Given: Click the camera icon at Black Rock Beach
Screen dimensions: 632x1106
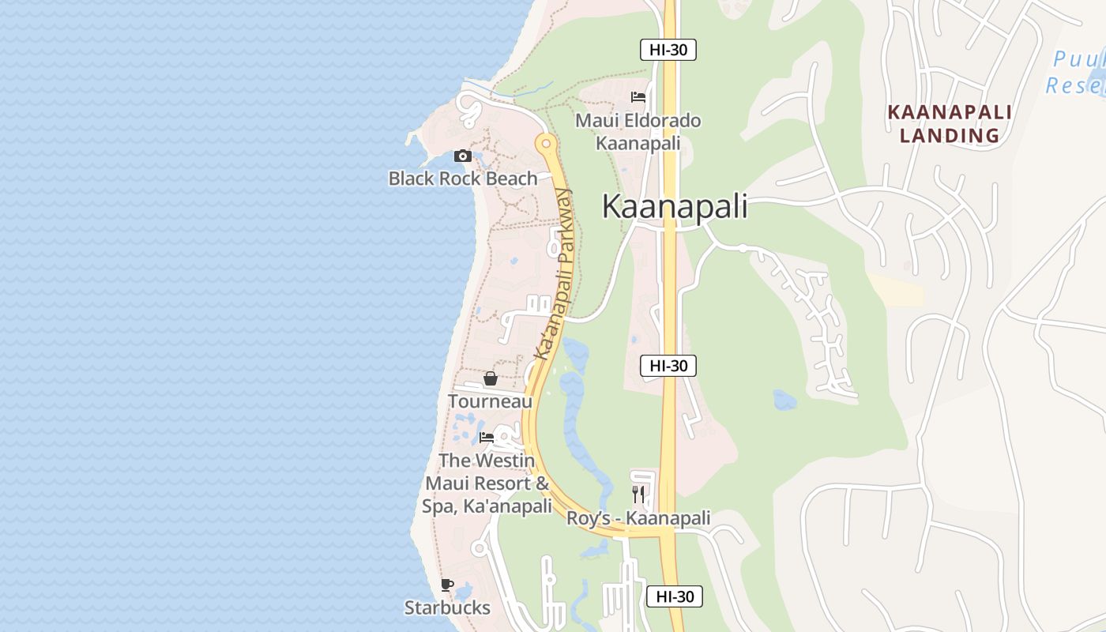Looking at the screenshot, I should point(463,156).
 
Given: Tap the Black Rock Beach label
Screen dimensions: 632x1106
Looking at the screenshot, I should point(463,179).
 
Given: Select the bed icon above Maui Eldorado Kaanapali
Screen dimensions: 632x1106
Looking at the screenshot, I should point(638,98).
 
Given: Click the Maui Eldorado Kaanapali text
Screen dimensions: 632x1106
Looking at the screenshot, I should point(638,132).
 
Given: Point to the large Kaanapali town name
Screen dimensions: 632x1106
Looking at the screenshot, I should point(675,206).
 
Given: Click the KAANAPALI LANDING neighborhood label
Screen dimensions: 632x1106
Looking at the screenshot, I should point(950,123).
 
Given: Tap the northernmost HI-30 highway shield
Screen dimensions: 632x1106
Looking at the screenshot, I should point(668,50).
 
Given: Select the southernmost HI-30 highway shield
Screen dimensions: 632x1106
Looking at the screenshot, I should point(674,596).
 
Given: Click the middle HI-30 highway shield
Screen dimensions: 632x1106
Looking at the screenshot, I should point(668,366).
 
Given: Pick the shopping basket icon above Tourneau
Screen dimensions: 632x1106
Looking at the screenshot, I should point(491,379).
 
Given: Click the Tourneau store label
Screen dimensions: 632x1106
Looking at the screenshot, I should point(491,401).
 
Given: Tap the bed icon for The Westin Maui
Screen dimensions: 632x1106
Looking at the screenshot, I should point(487,438).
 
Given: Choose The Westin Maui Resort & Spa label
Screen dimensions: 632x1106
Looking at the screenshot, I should point(487,483).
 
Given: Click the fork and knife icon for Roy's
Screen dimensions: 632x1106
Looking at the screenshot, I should point(638,495).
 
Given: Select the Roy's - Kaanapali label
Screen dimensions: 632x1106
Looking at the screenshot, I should point(638,519).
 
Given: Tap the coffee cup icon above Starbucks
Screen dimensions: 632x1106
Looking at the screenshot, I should point(447,585).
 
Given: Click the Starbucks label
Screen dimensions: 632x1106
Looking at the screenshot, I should point(447,608).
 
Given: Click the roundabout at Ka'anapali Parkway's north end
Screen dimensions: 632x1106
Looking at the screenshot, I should point(545,144).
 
